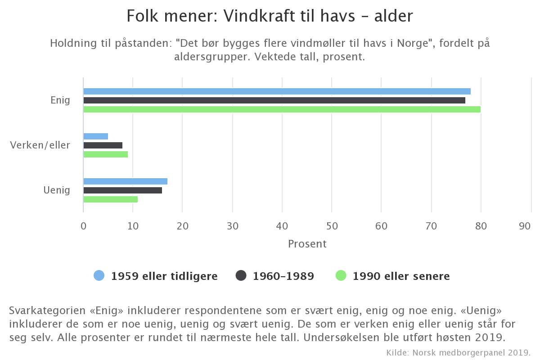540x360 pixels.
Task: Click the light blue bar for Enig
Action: pyautogui.click(x=277, y=91)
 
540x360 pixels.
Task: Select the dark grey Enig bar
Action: pyautogui.click(x=274, y=100)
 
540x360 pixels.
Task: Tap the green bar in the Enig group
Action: pyautogui.click(x=282, y=109)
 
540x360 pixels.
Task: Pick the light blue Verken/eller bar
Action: pyautogui.click(x=95, y=136)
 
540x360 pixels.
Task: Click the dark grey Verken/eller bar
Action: pyautogui.click(x=103, y=145)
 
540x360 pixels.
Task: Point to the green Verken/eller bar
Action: pyautogui.click(x=105, y=154)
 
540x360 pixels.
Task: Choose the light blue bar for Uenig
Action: pyautogui.click(x=125, y=181)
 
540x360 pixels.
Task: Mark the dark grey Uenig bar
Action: pyautogui.click(x=122, y=190)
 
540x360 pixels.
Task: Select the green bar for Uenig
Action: pyautogui.click(x=110, y=199)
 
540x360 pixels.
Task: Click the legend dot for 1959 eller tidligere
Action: pyautogui.click(x=99, y=276)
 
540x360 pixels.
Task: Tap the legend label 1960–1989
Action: pyautogui.click(x=283, y=276)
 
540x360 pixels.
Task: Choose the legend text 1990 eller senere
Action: pyautogui.click(x=401, y=276)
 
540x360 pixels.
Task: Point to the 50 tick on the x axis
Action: pyautogui.click(x=332, y=226)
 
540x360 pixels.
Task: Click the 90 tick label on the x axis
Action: pyautogui.click(x=525, y=226)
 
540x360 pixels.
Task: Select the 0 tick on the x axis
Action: pyautogui.click(x=83, y=226)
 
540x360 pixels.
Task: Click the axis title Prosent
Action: pyautogui.click(x=307, y=244)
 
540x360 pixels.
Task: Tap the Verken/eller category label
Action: pyautogui.click(x=40, y=145)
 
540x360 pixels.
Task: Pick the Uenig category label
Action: pyautogui.click(x=57, y=190)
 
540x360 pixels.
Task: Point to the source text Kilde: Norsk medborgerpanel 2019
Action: pyautogui.click(x=459, y=352)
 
